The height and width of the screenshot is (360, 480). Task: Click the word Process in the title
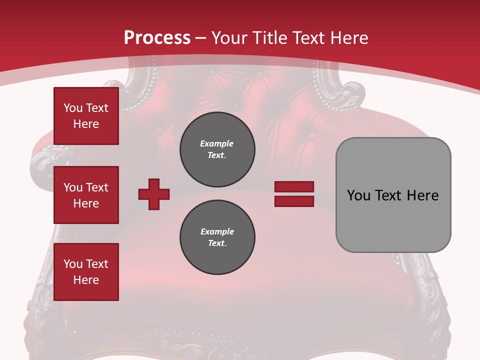pyautogui.click(x=157, y=38)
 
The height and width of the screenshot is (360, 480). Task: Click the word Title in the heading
pyautogui.click(x=267, y=38)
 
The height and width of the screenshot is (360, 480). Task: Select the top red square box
pyautogui.click(x=86, y=116)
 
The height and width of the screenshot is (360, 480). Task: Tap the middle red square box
pyautogui.click(x=86, y=195)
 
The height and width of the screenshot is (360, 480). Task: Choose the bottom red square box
pyautogui.click(x=86, y=272)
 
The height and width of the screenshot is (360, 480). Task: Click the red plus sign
pyautogui.click(x=154, y=194)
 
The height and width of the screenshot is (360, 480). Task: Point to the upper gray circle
pyautogui.click(x=217, y=149)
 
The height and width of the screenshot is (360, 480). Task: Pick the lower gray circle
pyautogui.click(x=217, y=237)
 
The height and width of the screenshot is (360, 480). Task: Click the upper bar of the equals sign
pyautogui.click(x=294, y=187)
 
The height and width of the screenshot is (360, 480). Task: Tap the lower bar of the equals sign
pyautogui.click(x=294, y=201)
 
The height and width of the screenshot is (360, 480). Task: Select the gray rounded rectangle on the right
pyautogui.click(x=393, y=195)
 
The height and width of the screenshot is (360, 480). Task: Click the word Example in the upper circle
pyautogui.click(x=217, y=143)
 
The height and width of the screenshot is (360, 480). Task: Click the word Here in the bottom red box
pyautogui.click(x=86, y=280)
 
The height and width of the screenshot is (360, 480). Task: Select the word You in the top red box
pyautogui.click(x=73, y=108)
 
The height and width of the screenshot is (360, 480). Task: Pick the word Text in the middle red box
pyautogui.click(x=97, y=187)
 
